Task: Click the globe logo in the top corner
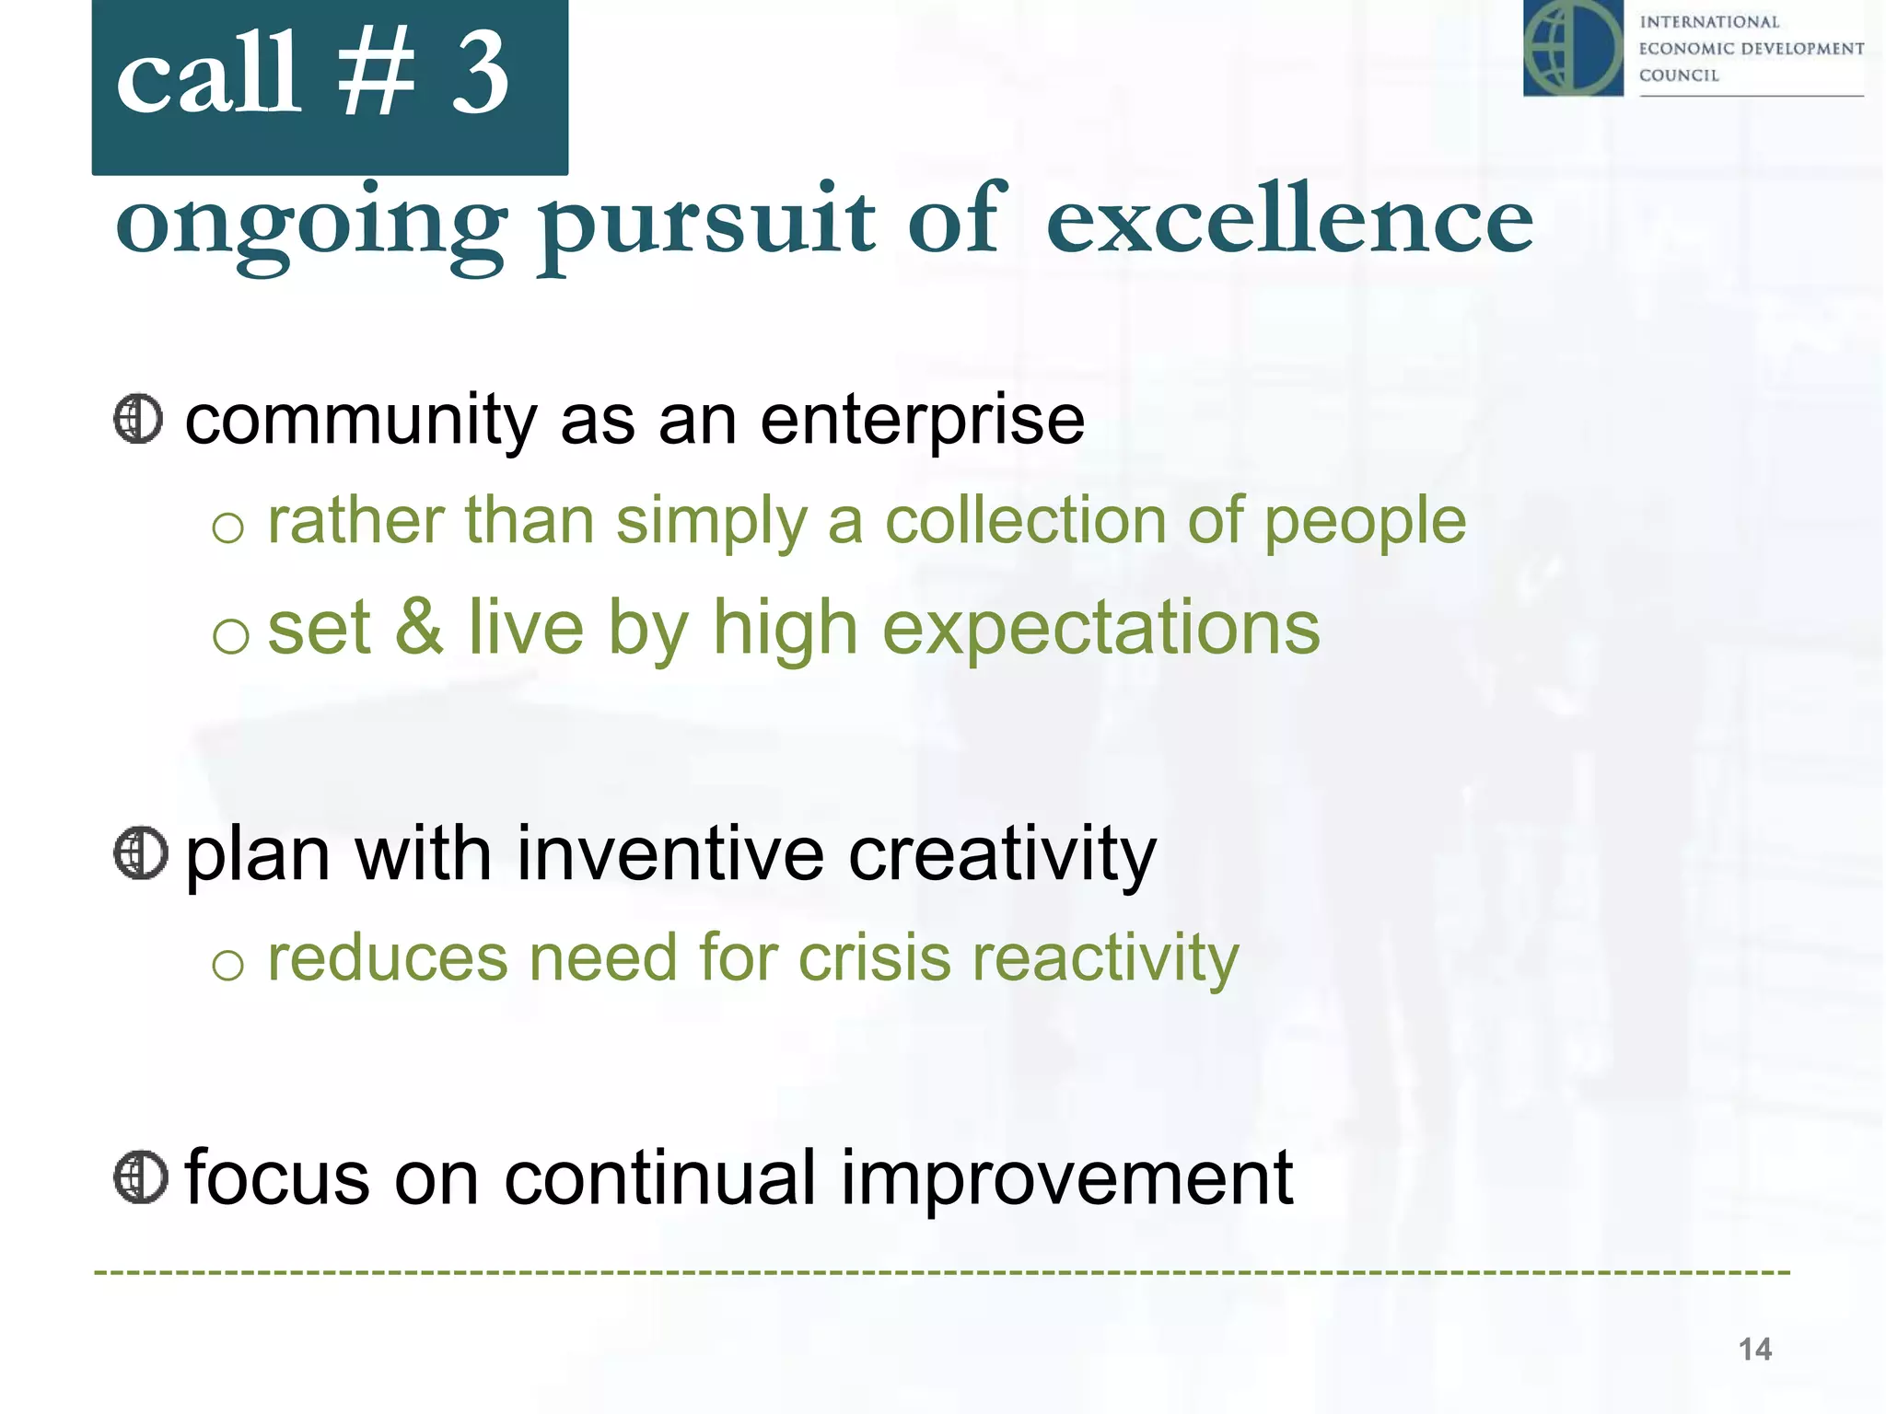pyautogui.click(x=1573, y=48)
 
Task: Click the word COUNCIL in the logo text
pyautogui.click(x=1679, y=75)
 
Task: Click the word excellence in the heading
pyautogui.click(x=1289, y=221)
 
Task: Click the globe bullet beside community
pyautogui.click(x=138, y=420)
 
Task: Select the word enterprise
pyautogui.click(x=922, y=422)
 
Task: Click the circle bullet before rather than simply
pyautogui.click(x=227, y=528)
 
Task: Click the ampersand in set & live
pyautogui.click(x=419, y=628)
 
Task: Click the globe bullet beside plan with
pyautogui.click(x=140, y=853)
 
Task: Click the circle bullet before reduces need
pyautogui.click(x=227, y=966)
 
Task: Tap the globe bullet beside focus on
pyautogui.click(x=140, y=1176)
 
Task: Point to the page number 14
pyautogui.click(x=1754, y=1350)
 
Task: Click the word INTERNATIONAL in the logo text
pyautogui.click(x=1709, y=22)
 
